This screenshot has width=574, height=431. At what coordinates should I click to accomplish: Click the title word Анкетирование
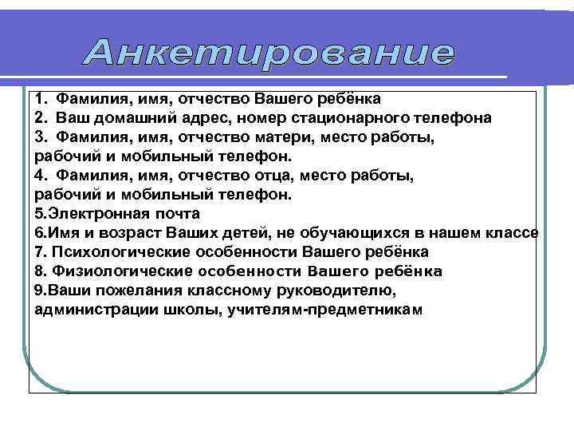[x=269, y=53]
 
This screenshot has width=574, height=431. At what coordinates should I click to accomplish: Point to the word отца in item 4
[x=274, y=176]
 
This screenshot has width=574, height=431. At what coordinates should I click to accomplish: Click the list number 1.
[x=40, y=99]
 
